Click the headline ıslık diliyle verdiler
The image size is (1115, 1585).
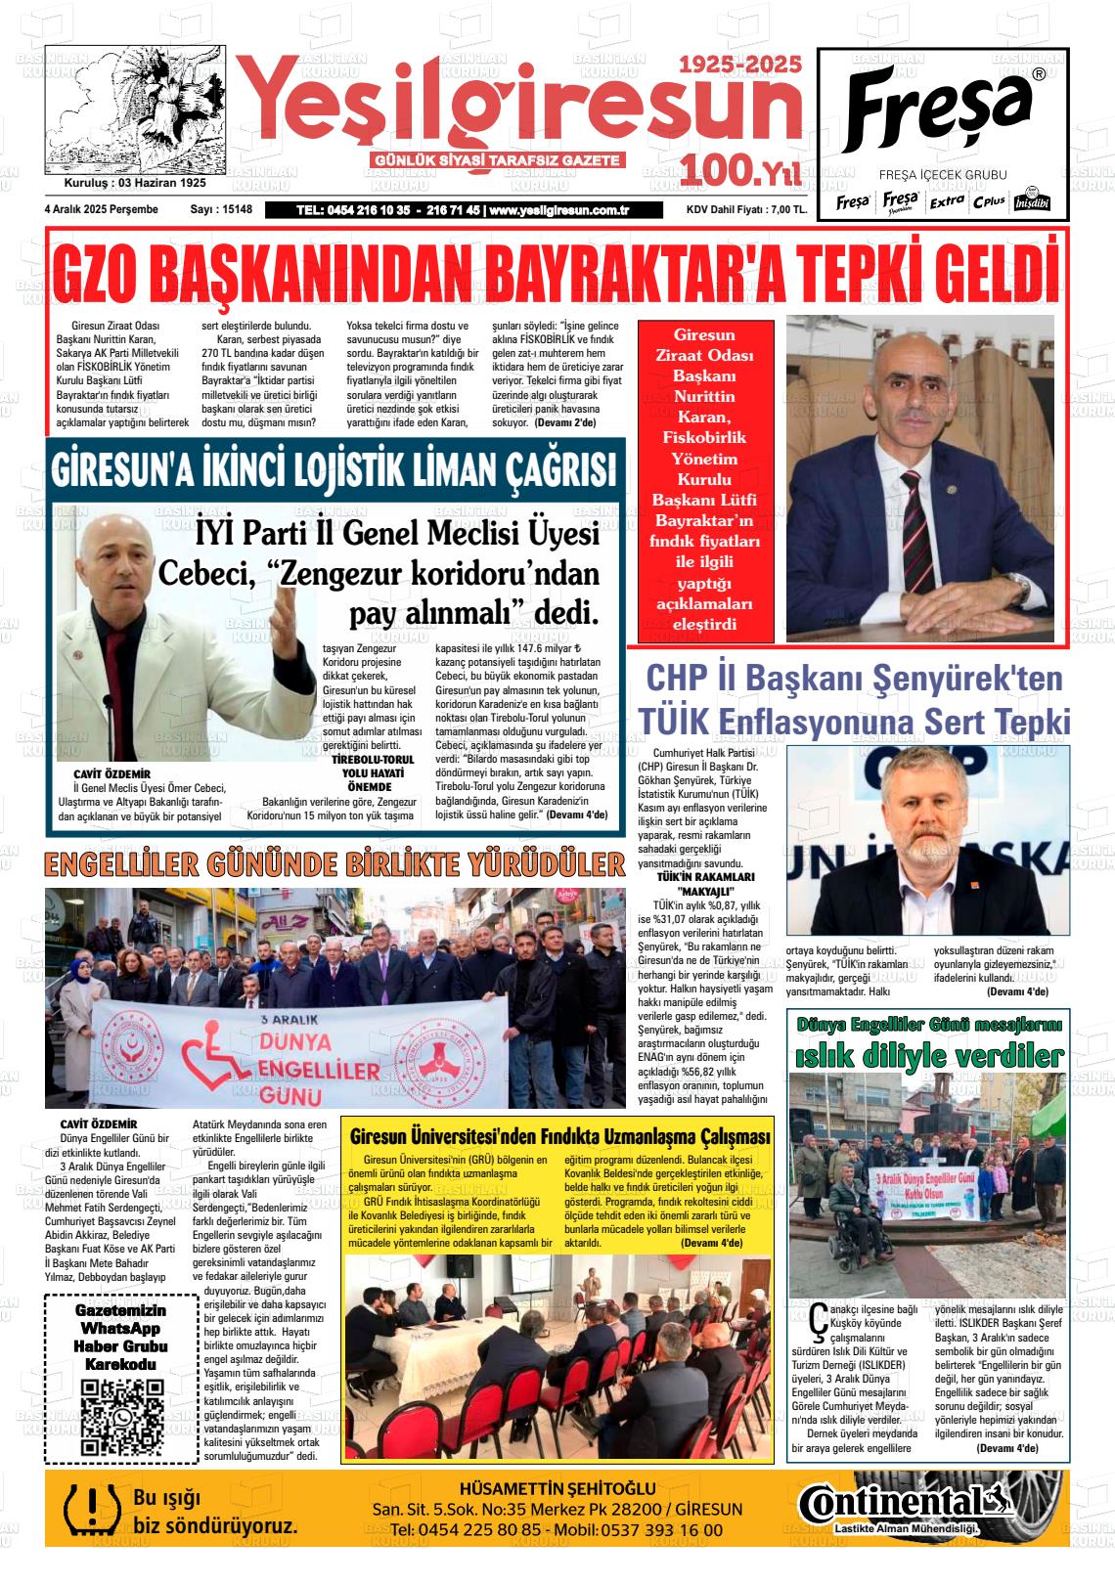pos(928,1056)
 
